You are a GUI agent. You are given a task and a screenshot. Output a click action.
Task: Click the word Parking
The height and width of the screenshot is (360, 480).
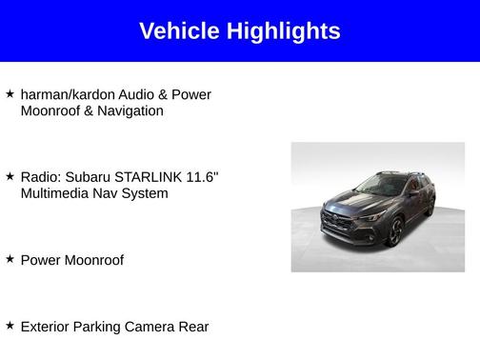click(x=102, y=327)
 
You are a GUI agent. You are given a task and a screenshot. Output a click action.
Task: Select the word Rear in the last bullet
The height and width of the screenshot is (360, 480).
click(x=193, y=327)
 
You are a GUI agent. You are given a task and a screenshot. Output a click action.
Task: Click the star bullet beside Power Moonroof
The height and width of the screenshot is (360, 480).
click(x=10, y=259)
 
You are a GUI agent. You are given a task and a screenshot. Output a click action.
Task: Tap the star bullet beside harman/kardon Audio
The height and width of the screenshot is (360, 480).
click(x=10, y=94)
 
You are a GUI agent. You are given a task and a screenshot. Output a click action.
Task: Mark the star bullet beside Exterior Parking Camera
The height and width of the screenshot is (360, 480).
click(x=10, y=326)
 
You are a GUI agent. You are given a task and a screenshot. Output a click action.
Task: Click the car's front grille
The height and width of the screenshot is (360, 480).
click(x=342, y=222)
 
